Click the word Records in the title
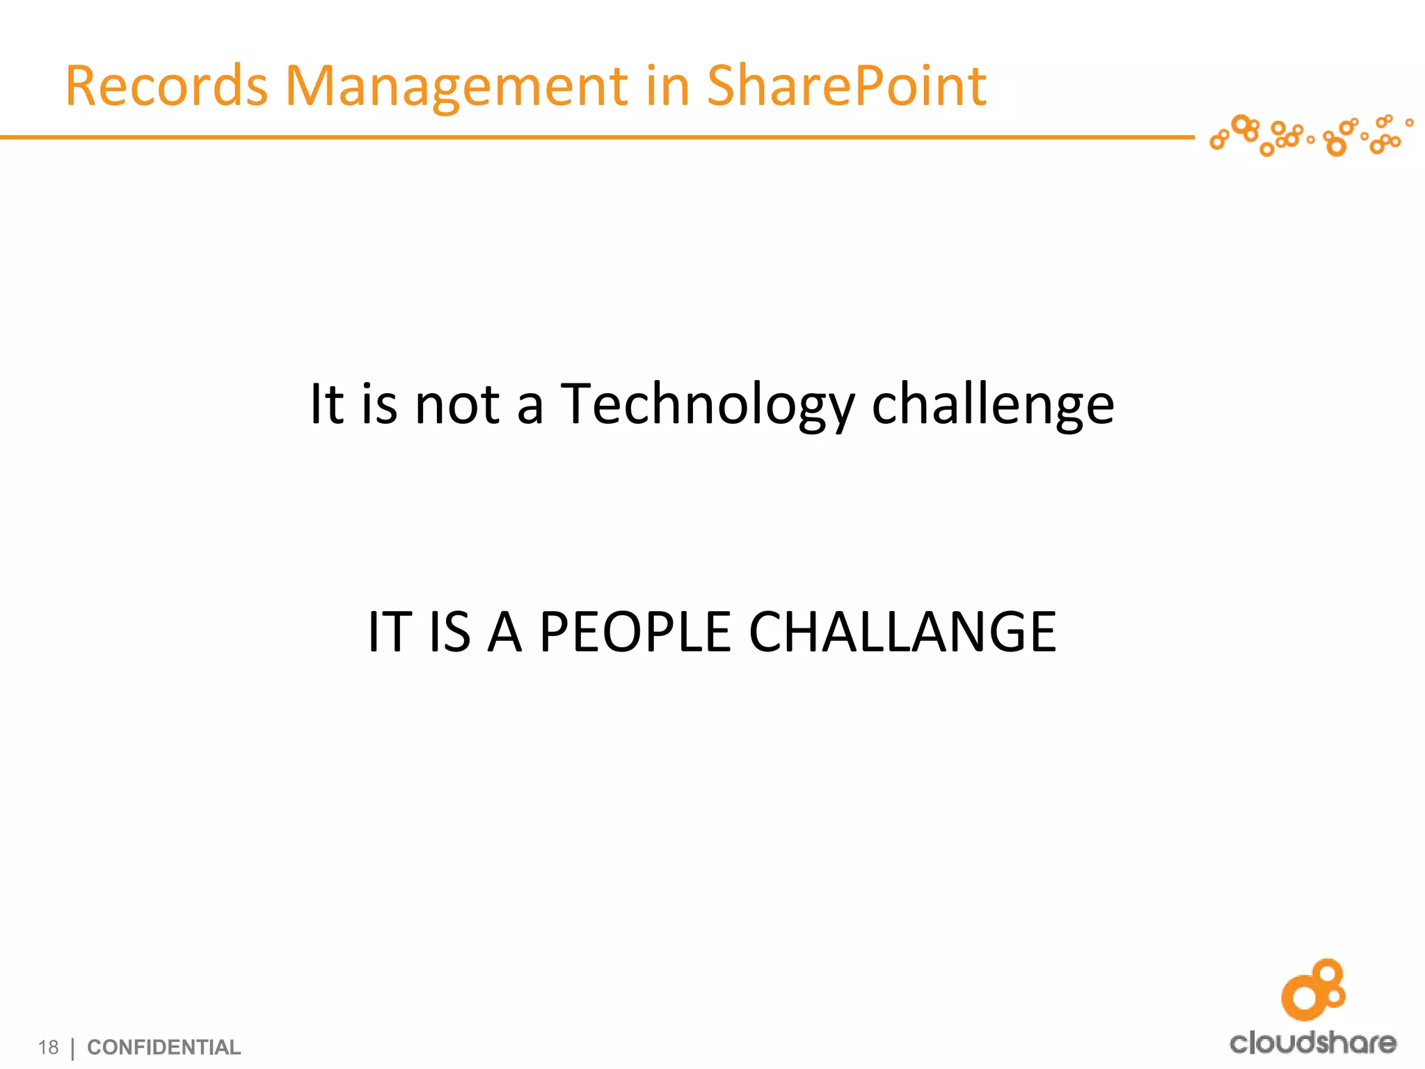tap(166, 86)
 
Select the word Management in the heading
tap(457, 86)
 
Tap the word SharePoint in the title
tap(846, 86)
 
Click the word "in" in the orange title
tap(667, 86)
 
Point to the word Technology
tap(707, 406)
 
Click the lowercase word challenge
tap(993, 406)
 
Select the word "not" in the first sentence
tap(456, 406)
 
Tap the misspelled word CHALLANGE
tap(902, 632)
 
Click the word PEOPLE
tap(635, 632)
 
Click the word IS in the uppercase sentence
tap(449, 632)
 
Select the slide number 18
tap(48, 1047)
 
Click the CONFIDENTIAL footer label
tap(164, 1047)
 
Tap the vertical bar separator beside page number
tap(73, 1047)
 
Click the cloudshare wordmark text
tap(1312, 1043)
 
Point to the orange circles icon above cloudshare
tap(1313, 990)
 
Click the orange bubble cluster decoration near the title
tap(1308, 135)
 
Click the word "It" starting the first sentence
tap(326, 406)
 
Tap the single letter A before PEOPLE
tap(504, 632)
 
